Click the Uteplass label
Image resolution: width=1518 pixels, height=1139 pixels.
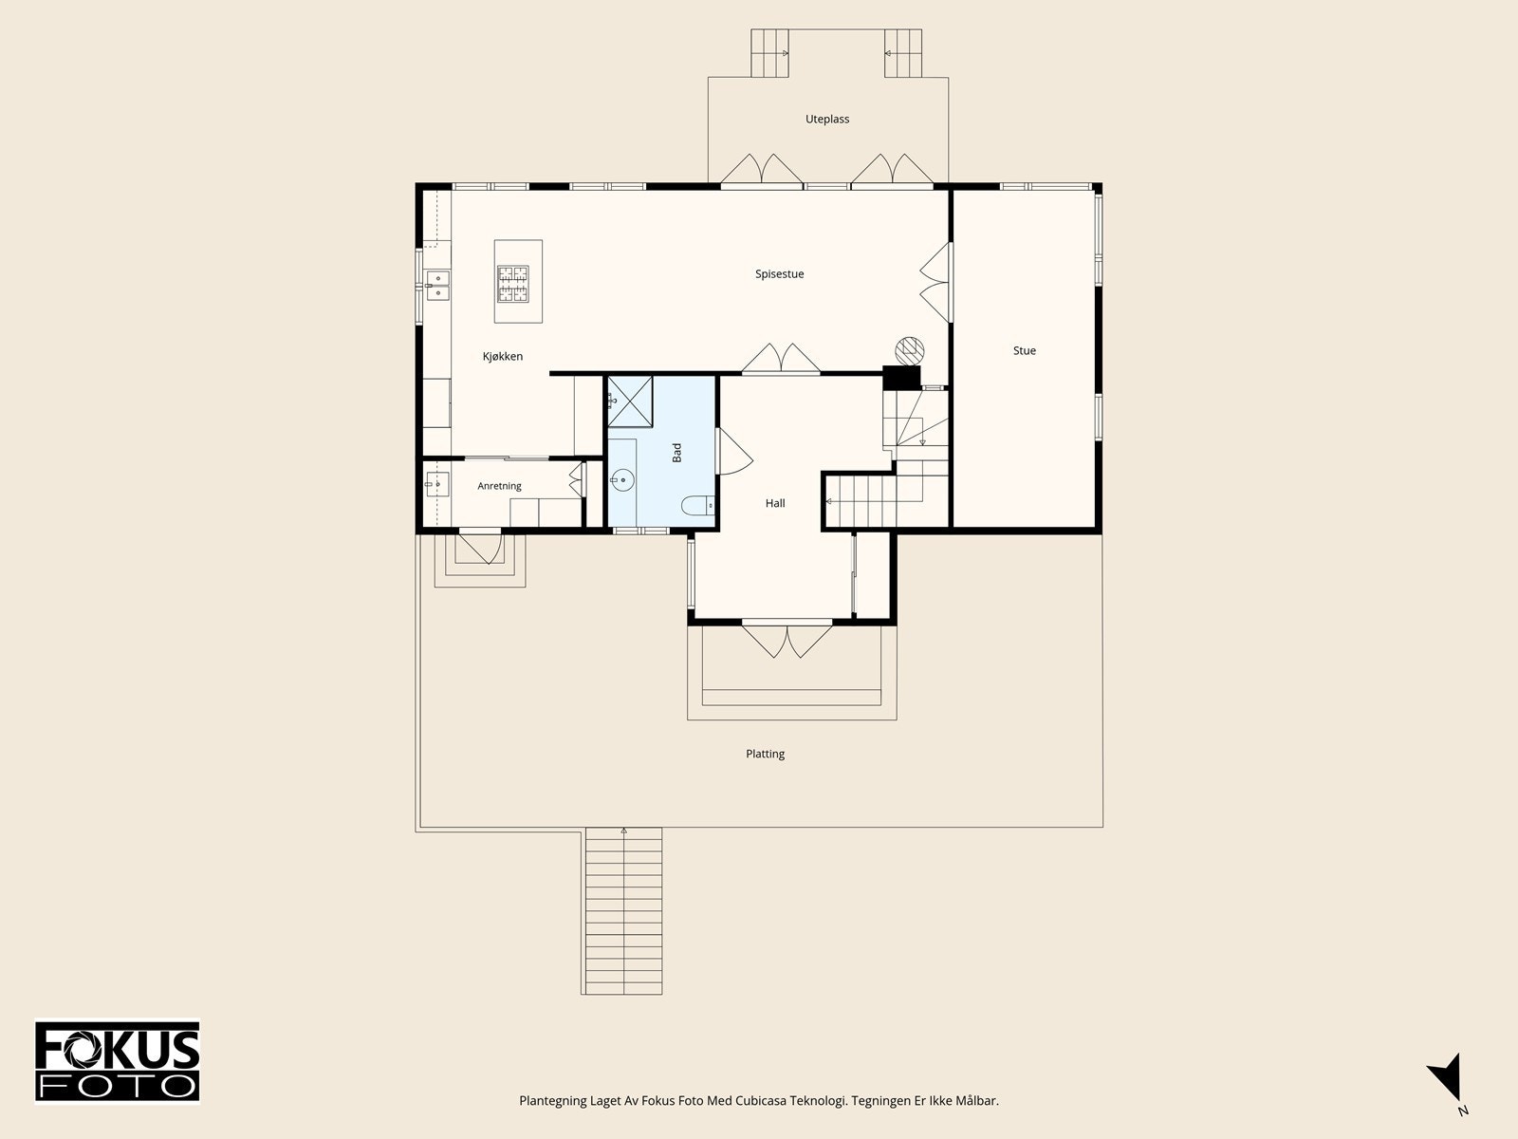[x=827, y=119]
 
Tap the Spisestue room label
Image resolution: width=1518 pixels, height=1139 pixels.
[x=780, y=274]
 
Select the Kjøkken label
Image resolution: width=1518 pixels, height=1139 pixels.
[x=503, y=356]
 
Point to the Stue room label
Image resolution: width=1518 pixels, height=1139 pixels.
[x=1025, y=350]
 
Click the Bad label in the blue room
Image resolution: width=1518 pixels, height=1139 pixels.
[x=677, y=453]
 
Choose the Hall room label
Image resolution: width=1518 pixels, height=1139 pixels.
[x=775, y=503]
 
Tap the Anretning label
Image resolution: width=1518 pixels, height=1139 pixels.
[x=499, y=485]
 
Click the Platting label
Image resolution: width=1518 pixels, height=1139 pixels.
[x=765, y=753]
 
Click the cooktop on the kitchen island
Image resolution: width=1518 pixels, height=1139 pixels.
[x=513, y=284]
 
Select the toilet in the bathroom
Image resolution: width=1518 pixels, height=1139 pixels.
[x=697, y=506]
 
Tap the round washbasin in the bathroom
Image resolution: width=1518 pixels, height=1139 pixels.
[x=622, y=479]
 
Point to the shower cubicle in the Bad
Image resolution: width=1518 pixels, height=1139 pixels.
[x=630, y=401]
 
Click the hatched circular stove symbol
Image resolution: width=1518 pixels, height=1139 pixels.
[x=910, y=350]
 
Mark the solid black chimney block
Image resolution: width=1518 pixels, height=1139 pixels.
[x=901, y=378]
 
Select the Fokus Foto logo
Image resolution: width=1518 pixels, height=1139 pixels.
[x=118, y=1061]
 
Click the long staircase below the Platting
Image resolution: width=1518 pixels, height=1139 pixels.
[x=622, y=911]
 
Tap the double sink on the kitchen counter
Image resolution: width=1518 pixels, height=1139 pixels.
[x=437, y=286]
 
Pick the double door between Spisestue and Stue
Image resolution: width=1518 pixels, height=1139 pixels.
[x=935, y=282]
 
